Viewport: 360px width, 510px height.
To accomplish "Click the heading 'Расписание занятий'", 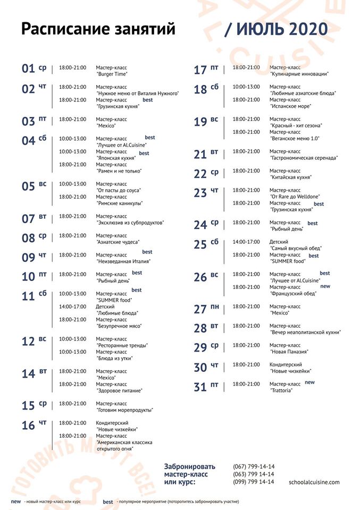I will [x=98, y=29].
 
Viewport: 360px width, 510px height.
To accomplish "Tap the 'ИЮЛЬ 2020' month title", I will [x=282, y=29].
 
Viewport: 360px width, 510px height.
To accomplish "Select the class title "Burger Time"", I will [x=112, y=74].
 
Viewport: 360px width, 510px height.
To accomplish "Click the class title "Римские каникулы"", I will [x=120, y=203].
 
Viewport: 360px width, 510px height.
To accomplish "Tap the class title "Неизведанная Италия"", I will [x=123, y=261].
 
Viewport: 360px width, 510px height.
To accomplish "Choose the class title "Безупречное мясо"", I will [x=119, y=326].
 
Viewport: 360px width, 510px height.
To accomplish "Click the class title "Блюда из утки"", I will [x=114, y=358].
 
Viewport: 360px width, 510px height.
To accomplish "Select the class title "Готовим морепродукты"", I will [x=124, y=410].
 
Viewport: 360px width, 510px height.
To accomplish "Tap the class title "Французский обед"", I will [x=293, y=294].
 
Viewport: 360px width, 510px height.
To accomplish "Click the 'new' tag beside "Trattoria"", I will [x=309, y=382].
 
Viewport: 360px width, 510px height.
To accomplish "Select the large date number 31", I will [x=200, y=387].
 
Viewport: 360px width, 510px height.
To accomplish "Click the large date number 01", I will [x=28, y=69].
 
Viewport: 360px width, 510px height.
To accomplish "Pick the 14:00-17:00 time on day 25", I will [x=246, y=242].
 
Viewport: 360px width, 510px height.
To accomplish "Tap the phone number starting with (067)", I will [x=254, y=466].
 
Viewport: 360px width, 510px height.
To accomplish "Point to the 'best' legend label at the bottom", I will [x=108, y=501].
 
